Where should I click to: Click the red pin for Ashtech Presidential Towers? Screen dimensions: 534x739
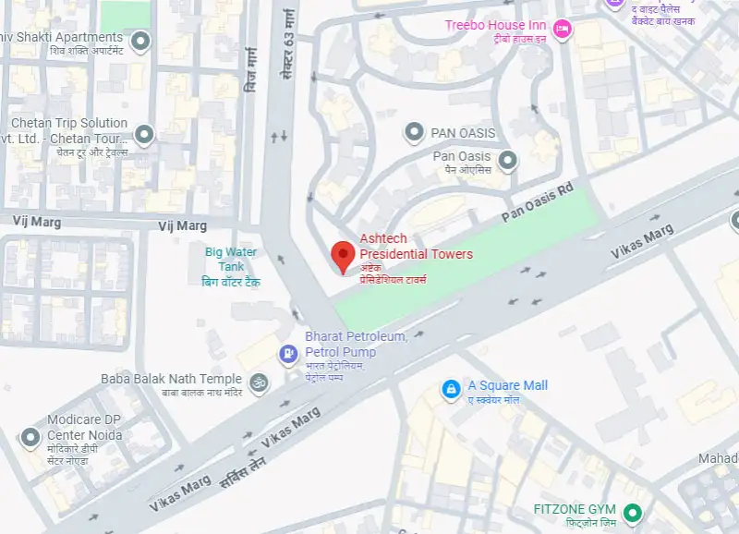344,254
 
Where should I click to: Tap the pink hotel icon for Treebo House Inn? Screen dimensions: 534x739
562,30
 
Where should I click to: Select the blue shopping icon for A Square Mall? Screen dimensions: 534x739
451,390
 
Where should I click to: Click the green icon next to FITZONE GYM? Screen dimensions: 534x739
633,511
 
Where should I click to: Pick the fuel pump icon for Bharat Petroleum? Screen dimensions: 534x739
289,353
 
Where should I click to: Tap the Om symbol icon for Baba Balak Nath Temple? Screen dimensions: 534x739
259,381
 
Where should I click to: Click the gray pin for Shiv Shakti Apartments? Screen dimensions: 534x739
140,41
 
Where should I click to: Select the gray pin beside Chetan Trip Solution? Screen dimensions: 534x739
144,136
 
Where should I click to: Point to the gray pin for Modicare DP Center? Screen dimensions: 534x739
32,437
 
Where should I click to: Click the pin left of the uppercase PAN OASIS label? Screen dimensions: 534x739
415,132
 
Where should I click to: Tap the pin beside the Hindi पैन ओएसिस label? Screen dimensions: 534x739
507,162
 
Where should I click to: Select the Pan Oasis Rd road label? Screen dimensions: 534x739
538,202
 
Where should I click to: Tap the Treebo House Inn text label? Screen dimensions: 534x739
495,25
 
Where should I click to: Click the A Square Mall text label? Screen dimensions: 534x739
507,385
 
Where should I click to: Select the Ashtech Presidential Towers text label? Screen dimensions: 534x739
416,247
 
